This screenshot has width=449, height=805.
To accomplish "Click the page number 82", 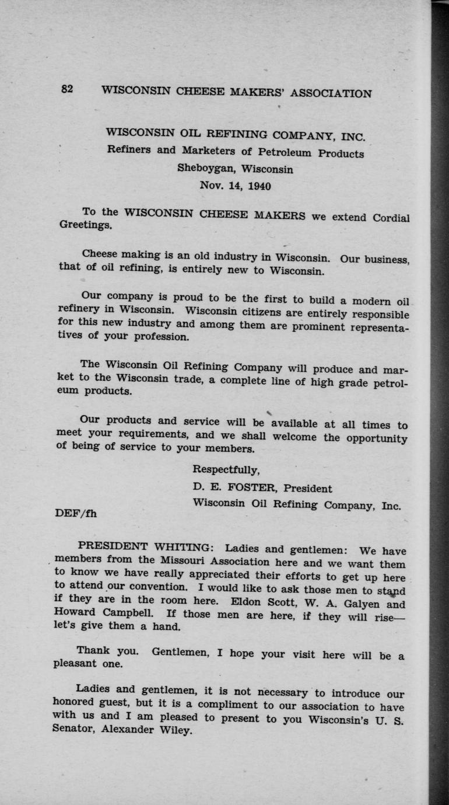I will [x=66, y=89].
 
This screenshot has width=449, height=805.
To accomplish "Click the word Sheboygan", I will [x=206, y=169].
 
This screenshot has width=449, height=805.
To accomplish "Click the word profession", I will [x=161, y=337].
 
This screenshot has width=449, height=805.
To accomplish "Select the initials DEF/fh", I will [x=75, y=514].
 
